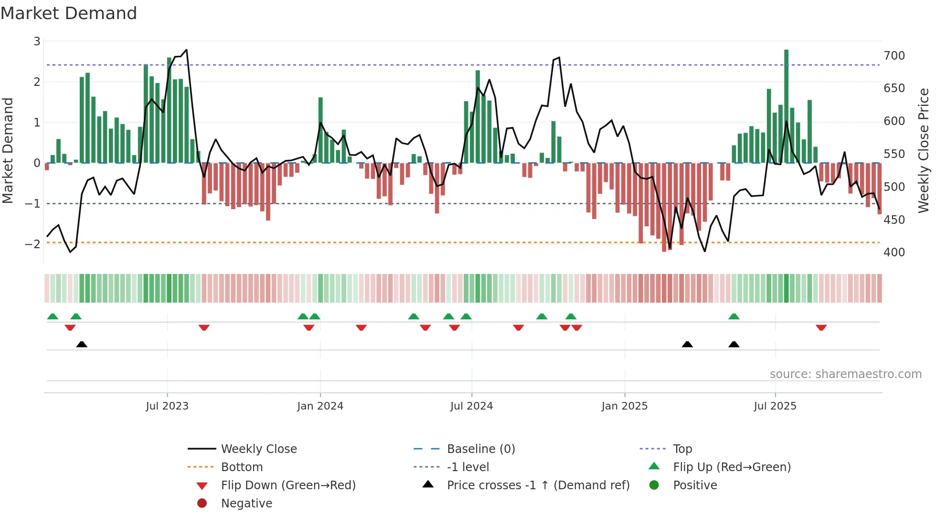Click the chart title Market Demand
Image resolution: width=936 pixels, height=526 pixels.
pos(69,13)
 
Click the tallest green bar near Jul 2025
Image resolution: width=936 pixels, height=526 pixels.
pos(786,105)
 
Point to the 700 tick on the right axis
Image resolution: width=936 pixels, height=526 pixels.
pos(894,56)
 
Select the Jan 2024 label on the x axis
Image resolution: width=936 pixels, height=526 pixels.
pos(320,406)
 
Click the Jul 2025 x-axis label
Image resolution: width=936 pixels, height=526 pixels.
pos(775,406)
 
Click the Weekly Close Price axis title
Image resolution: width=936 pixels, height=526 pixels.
pos(924,150)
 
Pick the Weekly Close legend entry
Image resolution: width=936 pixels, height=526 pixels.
pos(258,449)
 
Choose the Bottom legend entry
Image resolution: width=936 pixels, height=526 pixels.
pos(242,467)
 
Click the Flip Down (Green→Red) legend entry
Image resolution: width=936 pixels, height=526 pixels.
pos(288,485)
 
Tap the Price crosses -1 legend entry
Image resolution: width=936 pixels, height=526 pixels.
pos(538,485)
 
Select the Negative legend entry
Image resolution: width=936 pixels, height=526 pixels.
pos(246,504)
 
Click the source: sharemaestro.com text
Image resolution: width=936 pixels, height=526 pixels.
pos(845,374)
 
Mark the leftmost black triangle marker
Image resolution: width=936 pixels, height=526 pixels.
pos(82,344)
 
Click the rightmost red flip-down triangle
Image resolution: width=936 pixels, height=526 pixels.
pos(821,327)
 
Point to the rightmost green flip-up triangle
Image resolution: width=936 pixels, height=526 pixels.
pos(734,316)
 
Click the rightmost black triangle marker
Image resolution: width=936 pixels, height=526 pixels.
pos(734,344)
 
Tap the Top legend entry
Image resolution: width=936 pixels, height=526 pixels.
pos(682,449)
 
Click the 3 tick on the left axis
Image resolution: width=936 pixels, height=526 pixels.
pos(37,42)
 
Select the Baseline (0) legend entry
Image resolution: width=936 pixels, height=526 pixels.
pos(480,449)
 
